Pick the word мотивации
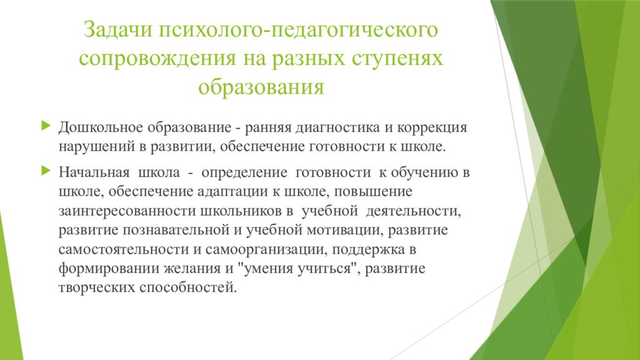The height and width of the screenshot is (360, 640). [343, 229]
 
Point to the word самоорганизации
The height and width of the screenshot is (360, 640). [262, 249]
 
